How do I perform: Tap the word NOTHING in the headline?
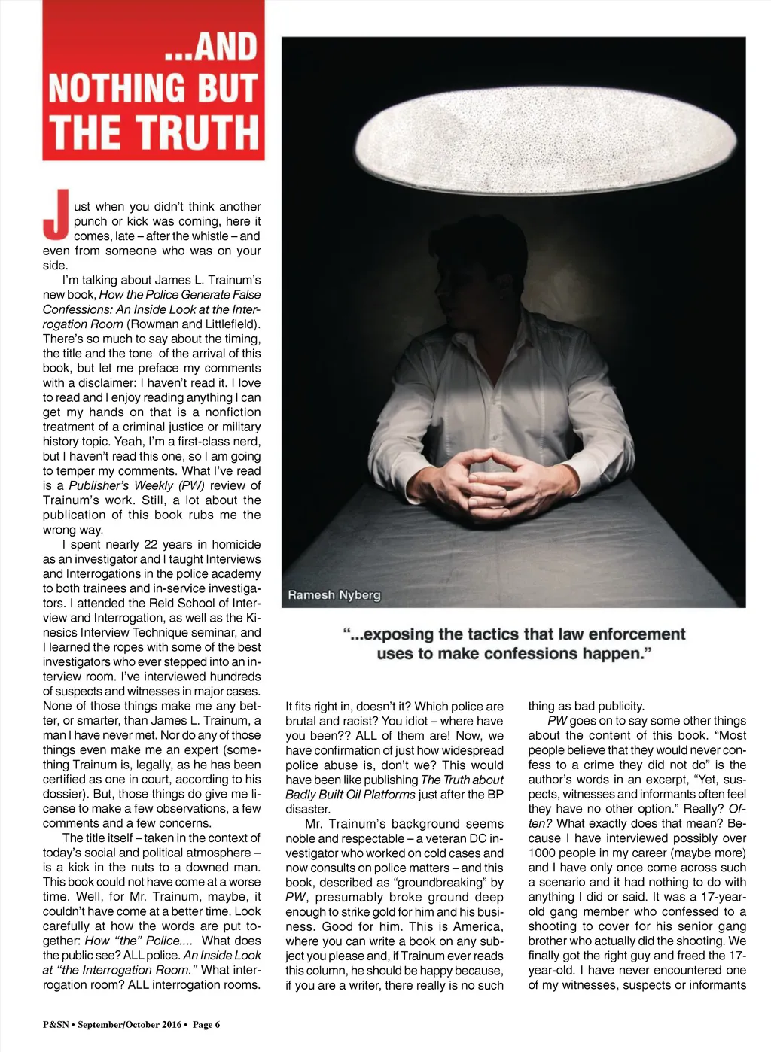pos(113,89)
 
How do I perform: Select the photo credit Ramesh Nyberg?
pos(334,594)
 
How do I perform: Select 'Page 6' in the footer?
pos(206,1023)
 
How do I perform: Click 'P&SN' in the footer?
pos(56,1023)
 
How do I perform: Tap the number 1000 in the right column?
pos(542,853)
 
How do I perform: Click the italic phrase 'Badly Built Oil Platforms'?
pos(350,795)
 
